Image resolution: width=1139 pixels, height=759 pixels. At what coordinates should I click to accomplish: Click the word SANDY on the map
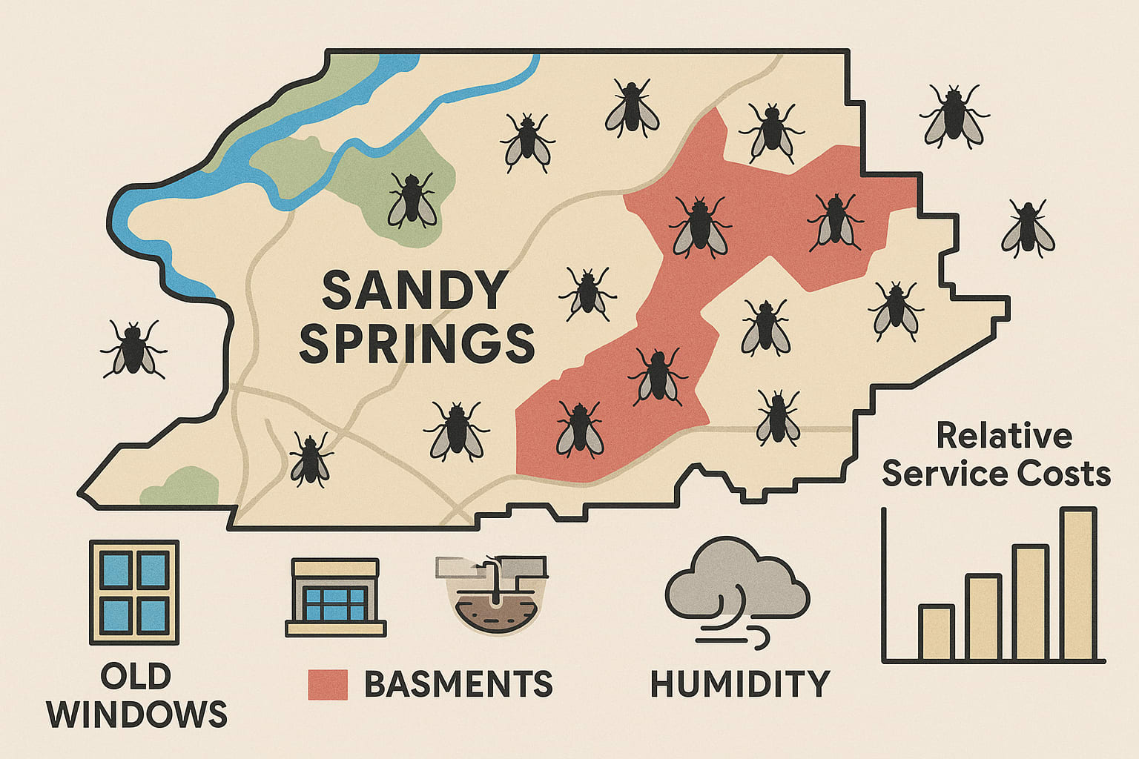coord(415,290)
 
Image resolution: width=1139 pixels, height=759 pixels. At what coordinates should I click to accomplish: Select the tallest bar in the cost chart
coord(1078,585)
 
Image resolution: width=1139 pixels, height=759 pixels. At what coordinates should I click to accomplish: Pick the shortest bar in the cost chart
coord(936,633)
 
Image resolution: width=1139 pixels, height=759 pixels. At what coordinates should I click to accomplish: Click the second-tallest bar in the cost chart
coord(1030,603)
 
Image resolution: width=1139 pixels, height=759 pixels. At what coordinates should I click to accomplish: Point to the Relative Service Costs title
coord(997,454)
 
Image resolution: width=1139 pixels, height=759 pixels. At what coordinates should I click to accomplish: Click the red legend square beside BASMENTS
coord(328,685)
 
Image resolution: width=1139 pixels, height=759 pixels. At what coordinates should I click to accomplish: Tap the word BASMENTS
coord(458,684)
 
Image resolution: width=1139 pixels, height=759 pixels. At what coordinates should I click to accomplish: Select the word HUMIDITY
coord(739,684)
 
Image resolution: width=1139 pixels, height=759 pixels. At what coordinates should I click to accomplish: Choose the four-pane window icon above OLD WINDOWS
coord(134,592)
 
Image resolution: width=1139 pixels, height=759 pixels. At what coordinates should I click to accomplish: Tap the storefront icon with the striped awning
coord(335,597)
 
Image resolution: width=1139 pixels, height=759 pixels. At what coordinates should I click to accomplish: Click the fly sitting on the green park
coord(412,200)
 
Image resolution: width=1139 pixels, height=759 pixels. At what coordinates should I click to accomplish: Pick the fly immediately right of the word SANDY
coord(588,294)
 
